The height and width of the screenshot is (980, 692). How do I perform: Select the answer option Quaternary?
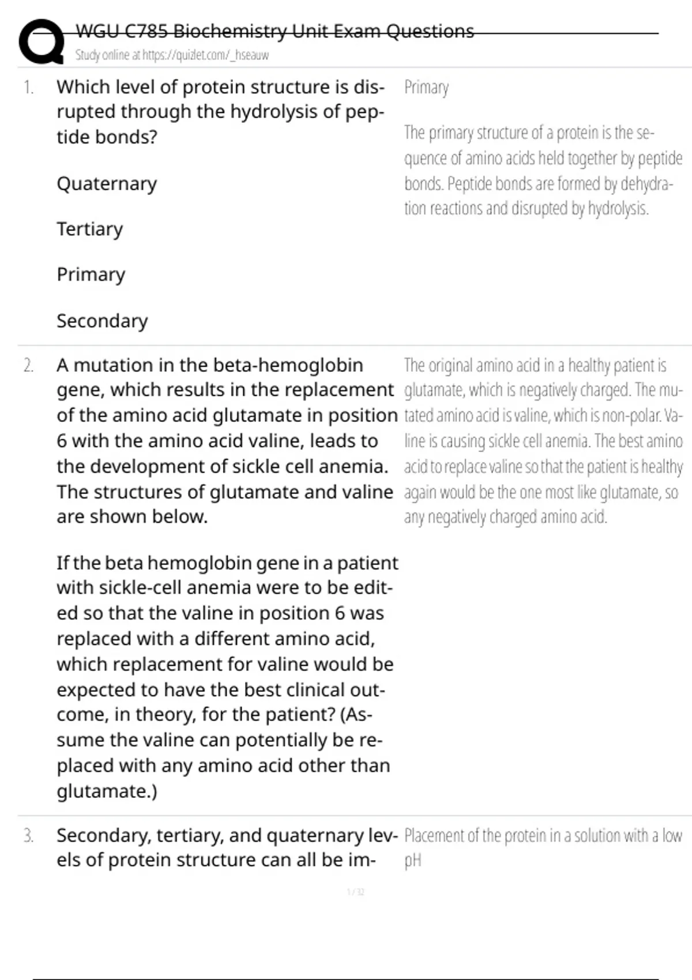pos(107,184)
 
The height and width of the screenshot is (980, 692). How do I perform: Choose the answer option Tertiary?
pos(89,229)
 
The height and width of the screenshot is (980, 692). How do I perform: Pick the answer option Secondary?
pos(102,321)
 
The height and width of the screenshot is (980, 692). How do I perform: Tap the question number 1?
pos(28,88)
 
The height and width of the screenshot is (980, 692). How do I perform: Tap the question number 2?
pos(28,365)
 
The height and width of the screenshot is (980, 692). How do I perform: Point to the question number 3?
pos(28,836)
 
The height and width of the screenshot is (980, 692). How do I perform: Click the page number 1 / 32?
pos(355,892)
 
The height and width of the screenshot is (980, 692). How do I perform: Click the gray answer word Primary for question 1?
pos(426,88)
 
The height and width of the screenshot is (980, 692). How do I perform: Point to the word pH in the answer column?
pos(413,861)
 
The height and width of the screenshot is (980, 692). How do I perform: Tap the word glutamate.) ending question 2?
pos(107,791)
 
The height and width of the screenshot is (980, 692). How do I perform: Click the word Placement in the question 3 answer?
pos(433,836)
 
